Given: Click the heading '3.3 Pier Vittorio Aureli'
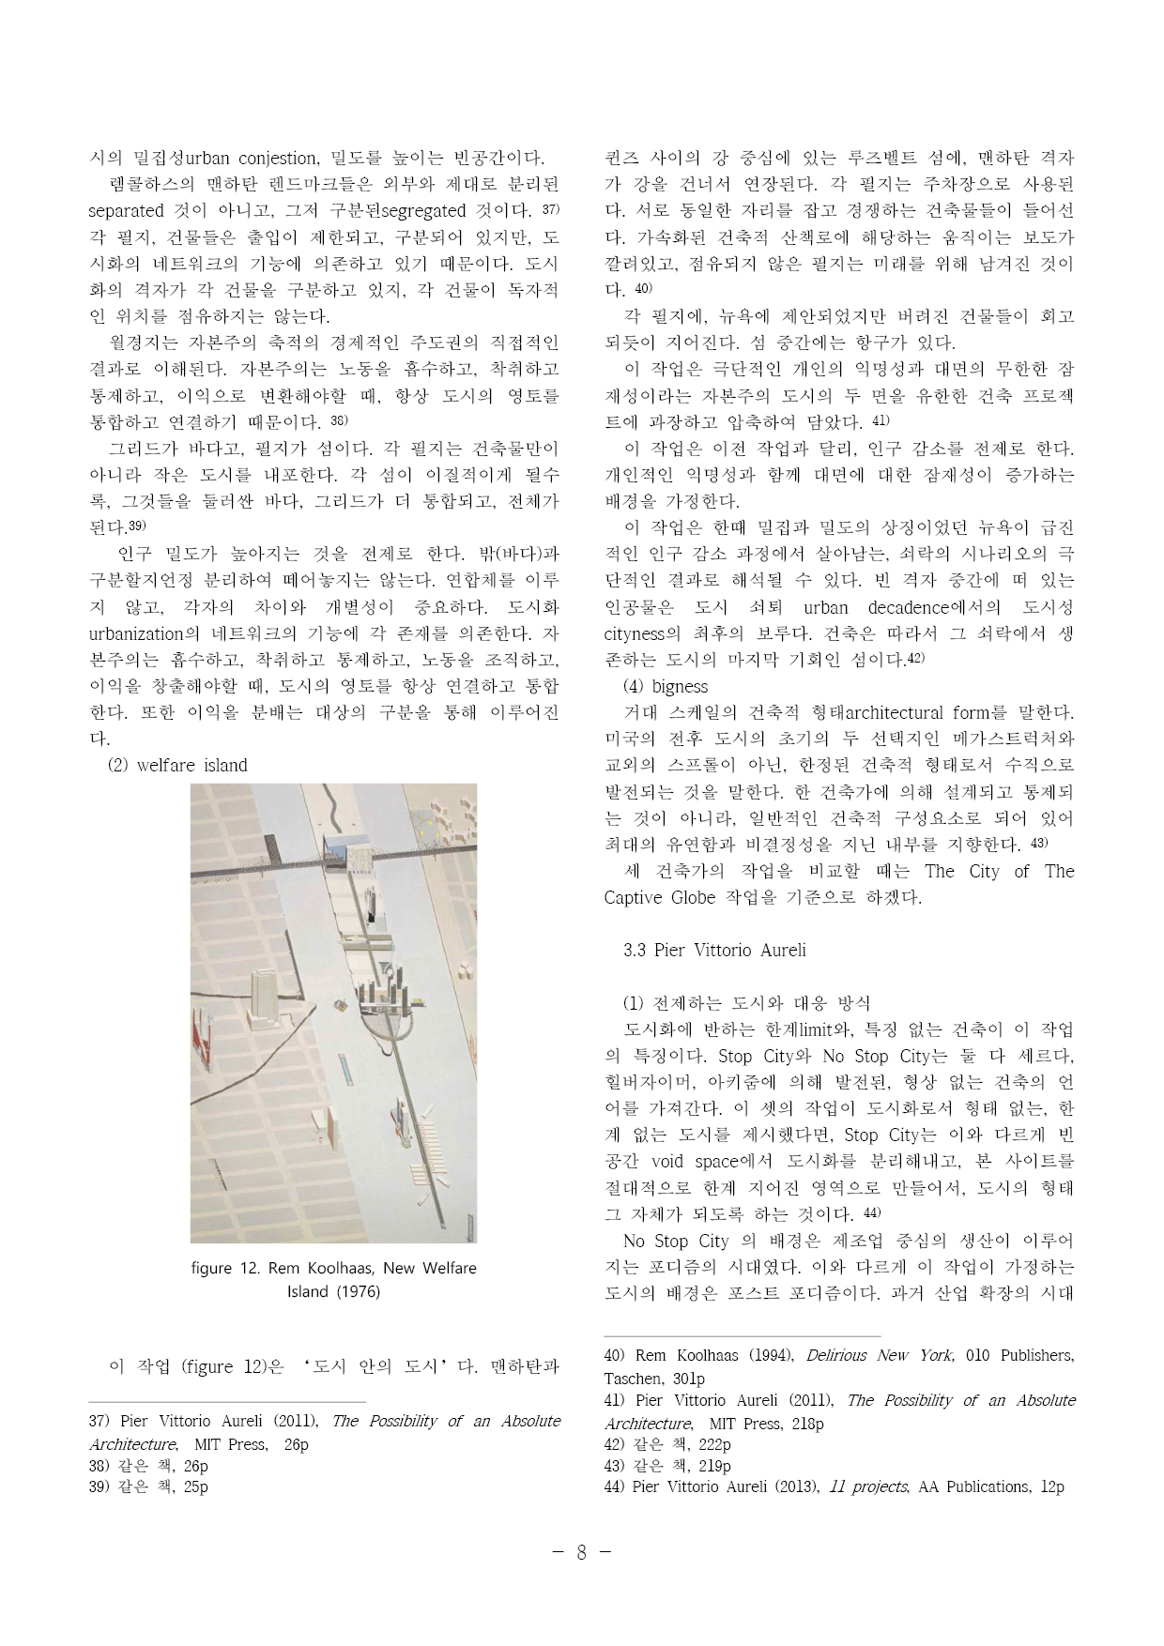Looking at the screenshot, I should (x=714, y=950).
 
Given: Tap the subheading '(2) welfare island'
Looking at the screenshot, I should (x=177, y=765).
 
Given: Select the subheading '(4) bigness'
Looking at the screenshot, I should (x=666, y=686).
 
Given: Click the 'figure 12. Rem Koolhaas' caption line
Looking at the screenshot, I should (x=333, y=1268).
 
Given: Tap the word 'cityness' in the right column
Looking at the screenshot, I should (x=634, y=633).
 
